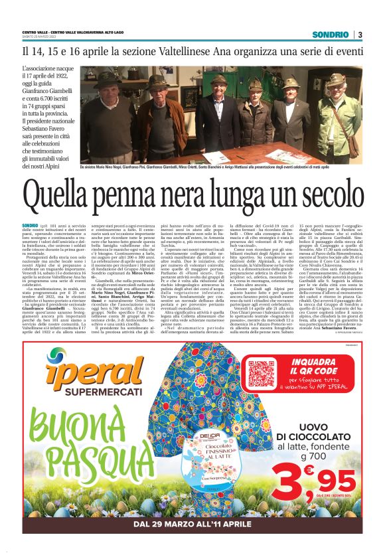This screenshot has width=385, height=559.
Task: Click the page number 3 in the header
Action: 359,35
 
